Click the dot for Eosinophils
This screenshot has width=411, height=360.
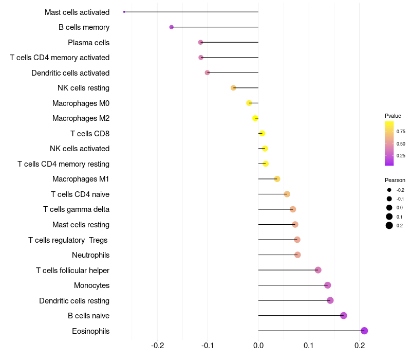coord(364,331)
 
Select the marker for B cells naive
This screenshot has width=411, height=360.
coord(344,316)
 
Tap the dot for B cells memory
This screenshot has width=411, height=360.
coord(172,27)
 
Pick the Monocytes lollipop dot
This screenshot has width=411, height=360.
coord(328,285)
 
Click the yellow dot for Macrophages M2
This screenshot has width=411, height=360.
coord(255,118)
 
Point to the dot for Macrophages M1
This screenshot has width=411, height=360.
coord(277,179)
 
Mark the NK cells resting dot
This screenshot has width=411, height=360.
coord(233,88)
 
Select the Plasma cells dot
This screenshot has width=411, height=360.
coord(201,42)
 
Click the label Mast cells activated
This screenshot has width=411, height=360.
coord(77,12)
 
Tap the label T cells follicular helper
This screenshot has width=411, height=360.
coord(72,270)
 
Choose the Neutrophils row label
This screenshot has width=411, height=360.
coord(90,255)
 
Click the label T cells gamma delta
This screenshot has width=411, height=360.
coord(76,209)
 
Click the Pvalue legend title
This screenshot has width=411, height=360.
coord(393,116)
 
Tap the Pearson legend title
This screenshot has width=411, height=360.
coord(395,180)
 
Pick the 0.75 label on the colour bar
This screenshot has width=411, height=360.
coord(401,131)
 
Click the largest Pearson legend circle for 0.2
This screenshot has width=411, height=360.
coord(389,225)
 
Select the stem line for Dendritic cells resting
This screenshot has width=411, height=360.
coord(293,300)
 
